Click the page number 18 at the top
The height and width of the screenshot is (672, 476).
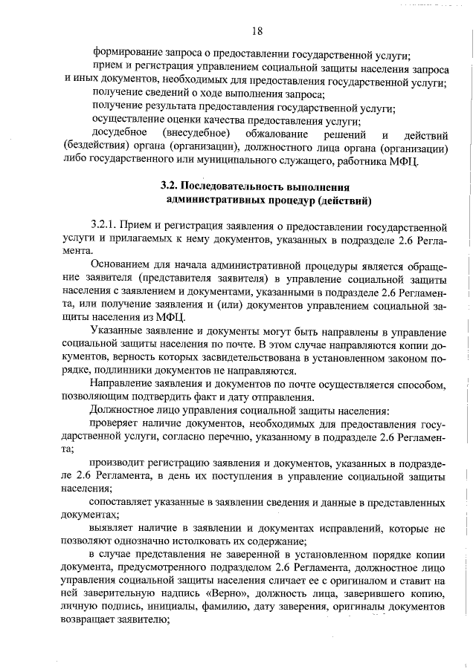pyautogui.click(x=257, y=30)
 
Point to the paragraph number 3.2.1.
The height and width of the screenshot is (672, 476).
pyautogui.click(x=105, y=225)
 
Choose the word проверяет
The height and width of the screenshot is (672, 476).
pyautogui.click(x=117, y=423)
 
